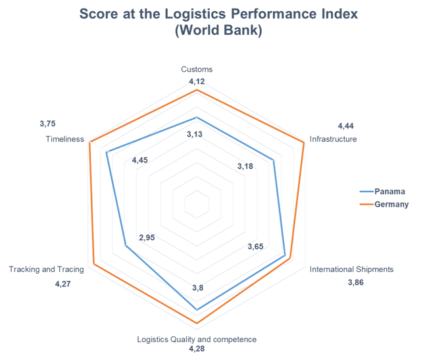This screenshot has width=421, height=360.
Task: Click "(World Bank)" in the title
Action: click(218, 30)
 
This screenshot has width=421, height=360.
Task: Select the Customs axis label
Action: click(197, 69)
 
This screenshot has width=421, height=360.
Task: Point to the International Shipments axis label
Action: click(351, 269)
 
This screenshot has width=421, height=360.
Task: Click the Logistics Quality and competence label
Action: click(197, 339)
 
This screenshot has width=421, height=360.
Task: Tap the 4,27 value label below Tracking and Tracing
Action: click(64, 284)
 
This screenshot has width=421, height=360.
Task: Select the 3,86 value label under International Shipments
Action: click(355, 282)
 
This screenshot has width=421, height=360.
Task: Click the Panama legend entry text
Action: click(389, 191)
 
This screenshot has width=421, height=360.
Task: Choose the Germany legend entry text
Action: click(391, 205)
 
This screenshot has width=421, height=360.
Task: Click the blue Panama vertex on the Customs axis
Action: click(197, 118)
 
